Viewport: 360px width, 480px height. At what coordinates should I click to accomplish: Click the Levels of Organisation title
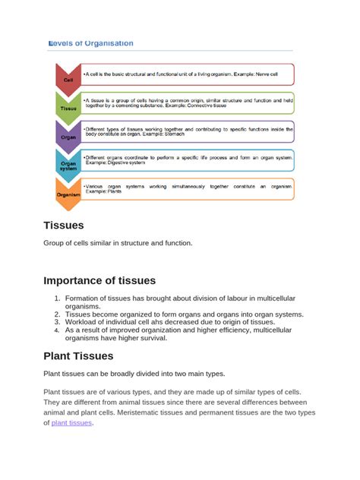coord(91,43)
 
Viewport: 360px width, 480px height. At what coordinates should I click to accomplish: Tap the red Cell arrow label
coord(68,79)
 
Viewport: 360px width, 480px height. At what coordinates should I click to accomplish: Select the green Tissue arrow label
coord(68,108)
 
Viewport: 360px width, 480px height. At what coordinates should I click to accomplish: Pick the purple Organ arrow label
coord(68,137)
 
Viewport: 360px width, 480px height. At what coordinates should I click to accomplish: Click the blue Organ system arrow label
coord(68,165)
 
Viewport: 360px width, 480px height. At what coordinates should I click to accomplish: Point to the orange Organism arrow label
coord(68,194)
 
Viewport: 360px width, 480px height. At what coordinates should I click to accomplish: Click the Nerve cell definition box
coord(188,74)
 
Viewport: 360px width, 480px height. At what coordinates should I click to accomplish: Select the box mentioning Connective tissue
coord(188,103)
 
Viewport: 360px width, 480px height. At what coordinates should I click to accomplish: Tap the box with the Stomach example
coord(188,131)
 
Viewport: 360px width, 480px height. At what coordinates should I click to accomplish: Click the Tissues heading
coord(64,225)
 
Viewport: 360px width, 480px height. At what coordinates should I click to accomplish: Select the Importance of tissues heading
coord(99,280)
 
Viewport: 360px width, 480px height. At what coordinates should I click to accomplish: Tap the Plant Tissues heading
coord(78,355)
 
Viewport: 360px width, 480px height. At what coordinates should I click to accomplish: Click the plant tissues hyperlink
coord(71,423)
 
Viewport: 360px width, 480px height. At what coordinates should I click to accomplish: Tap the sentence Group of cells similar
coord(118,243)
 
